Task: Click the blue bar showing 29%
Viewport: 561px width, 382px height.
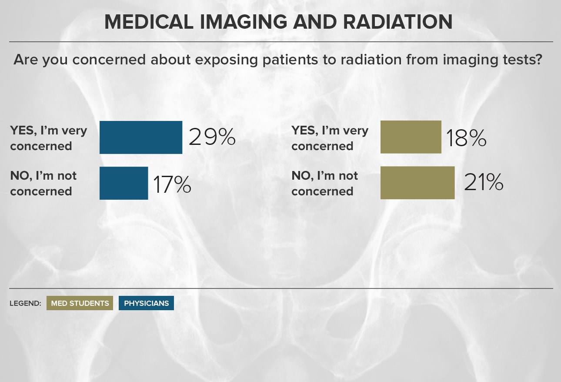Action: pyautogui.click(x=141, y=137)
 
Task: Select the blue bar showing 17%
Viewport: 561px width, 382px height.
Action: pyautogui.click(x=124, y=183)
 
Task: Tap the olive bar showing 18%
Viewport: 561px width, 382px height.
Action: pyautogui.click(x=411, y=137)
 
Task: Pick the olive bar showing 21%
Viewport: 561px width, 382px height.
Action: pyautogui.click(x=417, y=183)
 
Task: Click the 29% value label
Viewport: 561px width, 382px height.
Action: pyautogui.click(x=212, y=137)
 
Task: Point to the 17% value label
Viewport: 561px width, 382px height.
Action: pyautogui.click(x=172, y=184)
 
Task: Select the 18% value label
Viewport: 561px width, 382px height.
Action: pyautogui.click(x=466, y=138)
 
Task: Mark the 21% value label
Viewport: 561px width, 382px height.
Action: pyautogui.click(x=484, y=182)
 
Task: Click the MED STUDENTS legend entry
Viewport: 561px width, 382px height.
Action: pyautogui.click(x=80, y=303)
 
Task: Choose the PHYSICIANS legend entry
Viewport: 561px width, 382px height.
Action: pyautogui.click(x=146, y=303)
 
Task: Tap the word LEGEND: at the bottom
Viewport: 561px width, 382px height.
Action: pyautogui.click(x=25, y=303)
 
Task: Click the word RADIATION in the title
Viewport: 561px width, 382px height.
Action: pyautogui.click(x=398, y=22)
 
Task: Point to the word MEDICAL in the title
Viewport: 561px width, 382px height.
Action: pyautogui.click(x=149, y=22)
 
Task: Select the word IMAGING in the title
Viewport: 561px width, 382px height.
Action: pyautogui.click(x=244, y=22)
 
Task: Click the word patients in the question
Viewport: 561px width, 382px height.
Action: pyautogui.click(x=290, y=60)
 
